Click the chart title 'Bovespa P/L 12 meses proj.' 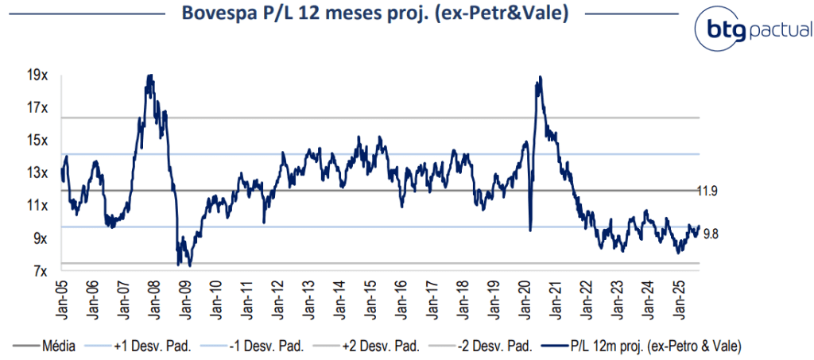tap(374, 14)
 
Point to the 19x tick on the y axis tap(37, 75)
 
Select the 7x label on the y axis tap(40, 272)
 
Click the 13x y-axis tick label tap(37, 173)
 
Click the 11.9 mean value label tap(707, 191)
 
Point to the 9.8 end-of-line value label tap(711, 233)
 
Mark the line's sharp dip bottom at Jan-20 tap(530, 230)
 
